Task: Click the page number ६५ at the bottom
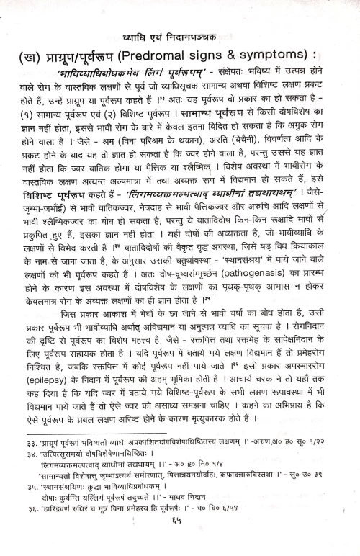point(181,547)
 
